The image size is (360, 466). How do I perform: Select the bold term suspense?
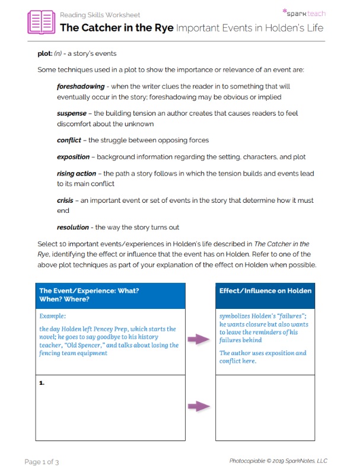click(x=72, y=113)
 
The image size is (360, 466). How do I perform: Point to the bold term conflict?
click(x=69, y=141)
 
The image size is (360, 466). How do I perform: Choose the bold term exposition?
click(x=74, y=157)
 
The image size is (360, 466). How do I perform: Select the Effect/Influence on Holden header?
click(x=265, y=291)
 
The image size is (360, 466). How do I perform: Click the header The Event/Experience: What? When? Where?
click(x=89, y=296)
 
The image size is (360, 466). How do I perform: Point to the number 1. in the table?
click(x=42, y=384)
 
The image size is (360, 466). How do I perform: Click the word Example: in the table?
click(x=53, y=316)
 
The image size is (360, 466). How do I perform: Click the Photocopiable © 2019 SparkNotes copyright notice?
click(x=278, y=461)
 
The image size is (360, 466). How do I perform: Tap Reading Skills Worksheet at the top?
click(x=100, y=15)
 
